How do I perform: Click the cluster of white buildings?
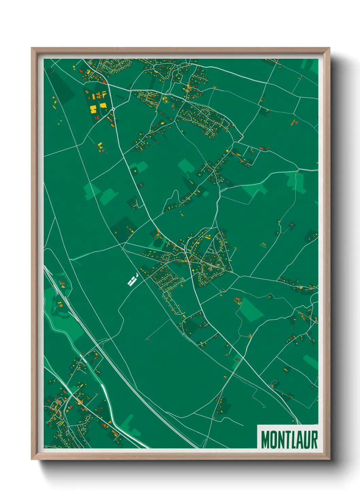[132, 280]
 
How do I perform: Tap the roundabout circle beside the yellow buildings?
[113, 109]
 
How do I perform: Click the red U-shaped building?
[237, 300]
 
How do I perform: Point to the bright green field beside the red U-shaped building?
[251, 309]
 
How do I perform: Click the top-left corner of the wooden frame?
[32, 48]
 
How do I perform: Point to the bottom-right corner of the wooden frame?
[329, 459]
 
